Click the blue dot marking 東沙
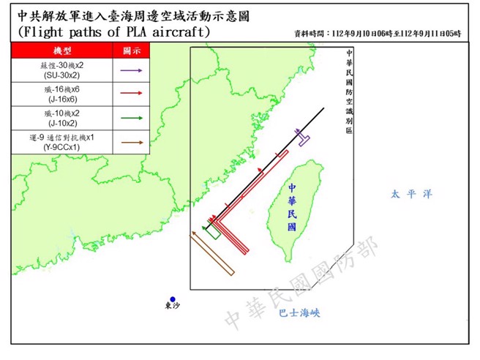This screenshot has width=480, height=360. [x=173, y=299]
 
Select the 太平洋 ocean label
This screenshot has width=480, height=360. [x=410, y=194]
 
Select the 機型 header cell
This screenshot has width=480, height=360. [x=62, y=50]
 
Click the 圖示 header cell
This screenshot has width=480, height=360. [x=130, y=50]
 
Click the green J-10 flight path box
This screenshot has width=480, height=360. [x=212, y=233]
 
